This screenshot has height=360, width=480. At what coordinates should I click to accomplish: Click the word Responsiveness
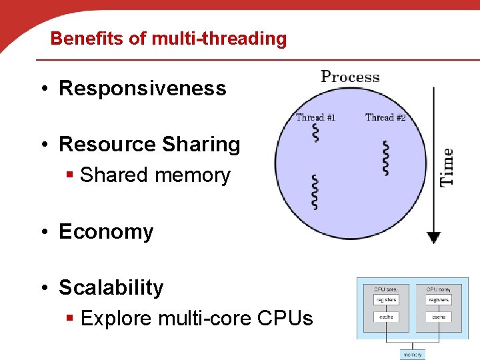[143, 89]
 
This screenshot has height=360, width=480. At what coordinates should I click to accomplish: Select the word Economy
[106, 232]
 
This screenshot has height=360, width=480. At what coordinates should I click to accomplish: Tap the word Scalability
[111, 288]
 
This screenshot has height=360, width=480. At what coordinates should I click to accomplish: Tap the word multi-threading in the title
[219, 39]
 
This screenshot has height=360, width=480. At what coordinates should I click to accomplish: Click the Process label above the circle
[350, 77]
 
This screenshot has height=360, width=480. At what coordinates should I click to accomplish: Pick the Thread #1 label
[315, 118]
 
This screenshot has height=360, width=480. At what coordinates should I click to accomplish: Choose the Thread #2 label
[385, 118]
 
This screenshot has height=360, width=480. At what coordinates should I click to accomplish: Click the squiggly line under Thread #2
[385, 159]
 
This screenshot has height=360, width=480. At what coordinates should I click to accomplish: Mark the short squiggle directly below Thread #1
[315, 133]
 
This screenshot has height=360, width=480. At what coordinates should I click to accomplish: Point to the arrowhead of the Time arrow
[434, 237]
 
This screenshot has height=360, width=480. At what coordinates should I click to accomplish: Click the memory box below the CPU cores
[413, 355]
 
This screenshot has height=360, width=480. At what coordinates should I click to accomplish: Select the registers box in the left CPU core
[385, 301]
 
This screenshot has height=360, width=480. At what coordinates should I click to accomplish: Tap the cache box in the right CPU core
[439, 317]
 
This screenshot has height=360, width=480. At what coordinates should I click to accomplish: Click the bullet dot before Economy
[43, 232]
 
